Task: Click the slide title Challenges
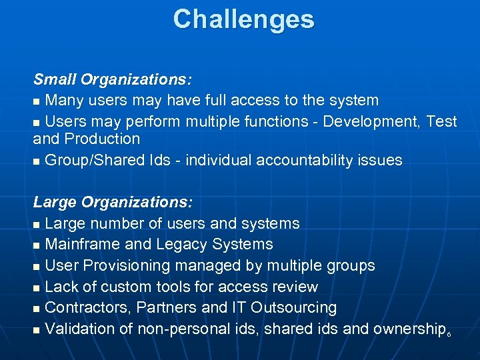(x=243, y=19)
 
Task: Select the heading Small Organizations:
(x=113, y=80)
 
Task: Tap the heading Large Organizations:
(x=113, y=201)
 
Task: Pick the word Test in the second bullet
(x=442, y=121)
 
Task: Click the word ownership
(x=409, y=329)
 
